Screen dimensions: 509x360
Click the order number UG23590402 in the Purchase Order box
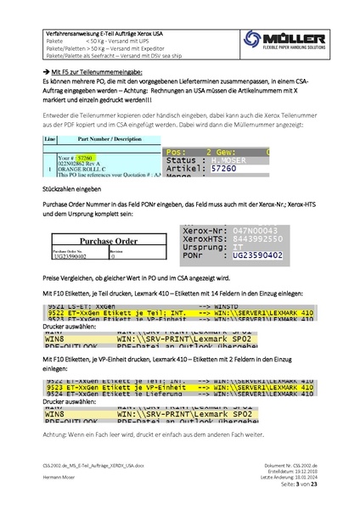tap(66, 256)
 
